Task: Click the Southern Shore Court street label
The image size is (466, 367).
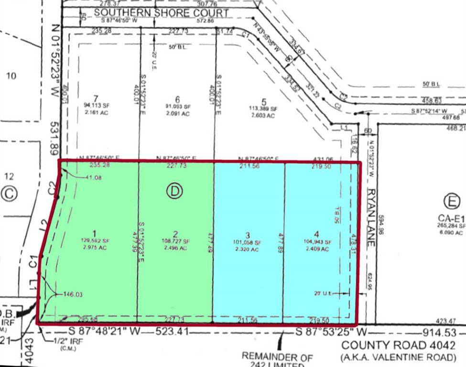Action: pos(162,13)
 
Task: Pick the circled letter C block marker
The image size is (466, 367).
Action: pos(9,194)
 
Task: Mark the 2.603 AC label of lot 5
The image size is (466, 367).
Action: pos(260,116)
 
